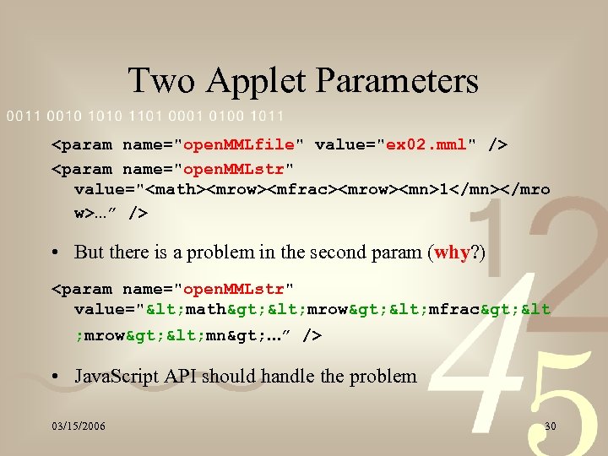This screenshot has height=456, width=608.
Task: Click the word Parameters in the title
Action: click(397, 81)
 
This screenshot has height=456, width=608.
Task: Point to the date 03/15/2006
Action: click(77, 426)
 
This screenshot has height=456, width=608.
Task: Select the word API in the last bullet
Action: click(182, 376)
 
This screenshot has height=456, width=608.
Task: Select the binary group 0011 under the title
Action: click(23, 116)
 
